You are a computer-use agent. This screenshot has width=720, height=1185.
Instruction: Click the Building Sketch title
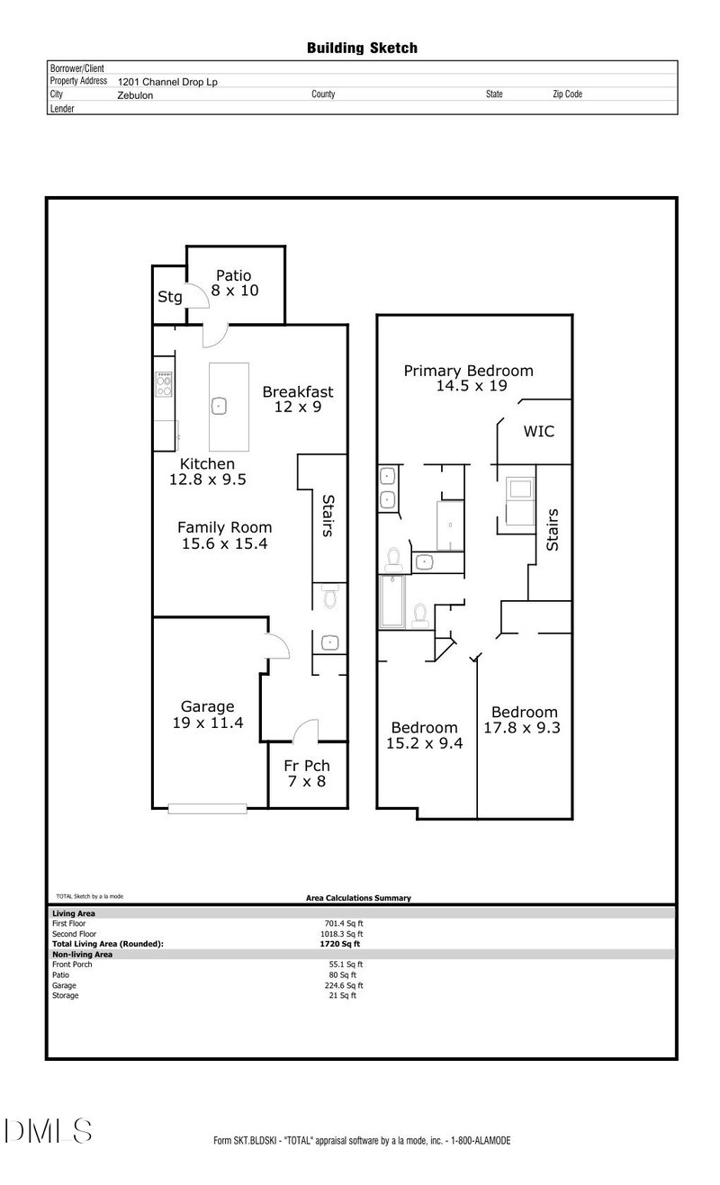coord(362,48)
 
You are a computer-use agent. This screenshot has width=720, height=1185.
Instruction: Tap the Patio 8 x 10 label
coord(234,283)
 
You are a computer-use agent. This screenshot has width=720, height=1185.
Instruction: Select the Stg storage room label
coord(170,297)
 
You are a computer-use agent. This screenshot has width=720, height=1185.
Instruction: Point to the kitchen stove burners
coord(165,386)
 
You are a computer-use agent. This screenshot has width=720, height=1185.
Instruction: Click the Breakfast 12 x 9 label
coord(298,399)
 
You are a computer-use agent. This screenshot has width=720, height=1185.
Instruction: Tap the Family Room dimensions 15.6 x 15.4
coord(224,543)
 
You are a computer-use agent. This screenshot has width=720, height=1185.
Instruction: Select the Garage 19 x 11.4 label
coord(208,714)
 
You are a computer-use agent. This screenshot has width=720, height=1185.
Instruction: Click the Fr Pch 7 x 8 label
coord(307,773)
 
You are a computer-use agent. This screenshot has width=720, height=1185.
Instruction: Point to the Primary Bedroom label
coord(468,378)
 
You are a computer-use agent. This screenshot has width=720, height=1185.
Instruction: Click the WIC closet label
coord(539,431)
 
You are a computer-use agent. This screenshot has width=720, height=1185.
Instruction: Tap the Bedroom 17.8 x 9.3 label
coord(522,720)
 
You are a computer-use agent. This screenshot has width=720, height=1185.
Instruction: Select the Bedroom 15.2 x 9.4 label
coord(424,735)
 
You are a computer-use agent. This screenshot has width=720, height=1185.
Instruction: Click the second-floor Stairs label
coord(553,530)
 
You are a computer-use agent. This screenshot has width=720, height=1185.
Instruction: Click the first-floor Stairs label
coord(328,516)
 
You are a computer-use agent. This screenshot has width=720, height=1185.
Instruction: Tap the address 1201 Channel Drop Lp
coord(167,81)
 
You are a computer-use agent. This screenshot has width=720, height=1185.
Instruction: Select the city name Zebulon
coord(135,94)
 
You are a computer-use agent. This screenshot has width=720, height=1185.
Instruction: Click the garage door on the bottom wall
coord(208,809)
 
